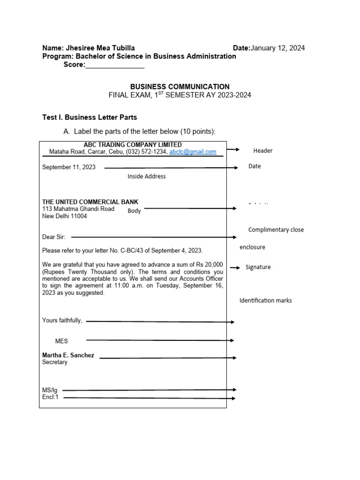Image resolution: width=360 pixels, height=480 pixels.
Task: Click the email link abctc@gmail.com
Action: coord(193,152)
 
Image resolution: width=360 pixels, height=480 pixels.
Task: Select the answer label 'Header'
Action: coord(262,151)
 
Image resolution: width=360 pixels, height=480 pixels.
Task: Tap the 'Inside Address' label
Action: coord(147,177)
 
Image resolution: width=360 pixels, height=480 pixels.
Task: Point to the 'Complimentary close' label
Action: coord(276,230)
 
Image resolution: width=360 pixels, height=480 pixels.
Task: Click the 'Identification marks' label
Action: coord(265,300)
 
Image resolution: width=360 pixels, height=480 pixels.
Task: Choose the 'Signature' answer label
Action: coord(258,267)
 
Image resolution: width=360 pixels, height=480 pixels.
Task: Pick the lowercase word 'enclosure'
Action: coord(252,247)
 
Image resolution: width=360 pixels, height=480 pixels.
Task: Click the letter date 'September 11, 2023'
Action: coord(69,167)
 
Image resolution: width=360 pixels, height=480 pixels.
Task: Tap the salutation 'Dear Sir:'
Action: coord(54,237)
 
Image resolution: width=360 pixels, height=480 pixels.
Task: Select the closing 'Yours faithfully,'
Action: coord(62,321)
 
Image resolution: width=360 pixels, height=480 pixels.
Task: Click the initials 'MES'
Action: coord(61,341)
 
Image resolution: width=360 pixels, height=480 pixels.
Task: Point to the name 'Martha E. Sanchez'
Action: coord(68,355)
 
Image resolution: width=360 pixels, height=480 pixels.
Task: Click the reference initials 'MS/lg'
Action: coord(50,390)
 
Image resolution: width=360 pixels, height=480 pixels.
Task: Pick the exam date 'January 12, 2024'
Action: coord(278,48)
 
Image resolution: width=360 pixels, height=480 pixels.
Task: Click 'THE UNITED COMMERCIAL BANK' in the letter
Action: coord(90,202)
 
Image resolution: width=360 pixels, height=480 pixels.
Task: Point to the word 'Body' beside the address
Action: coord(134,211)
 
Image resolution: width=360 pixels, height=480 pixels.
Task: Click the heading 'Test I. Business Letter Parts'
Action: coord(90,117)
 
